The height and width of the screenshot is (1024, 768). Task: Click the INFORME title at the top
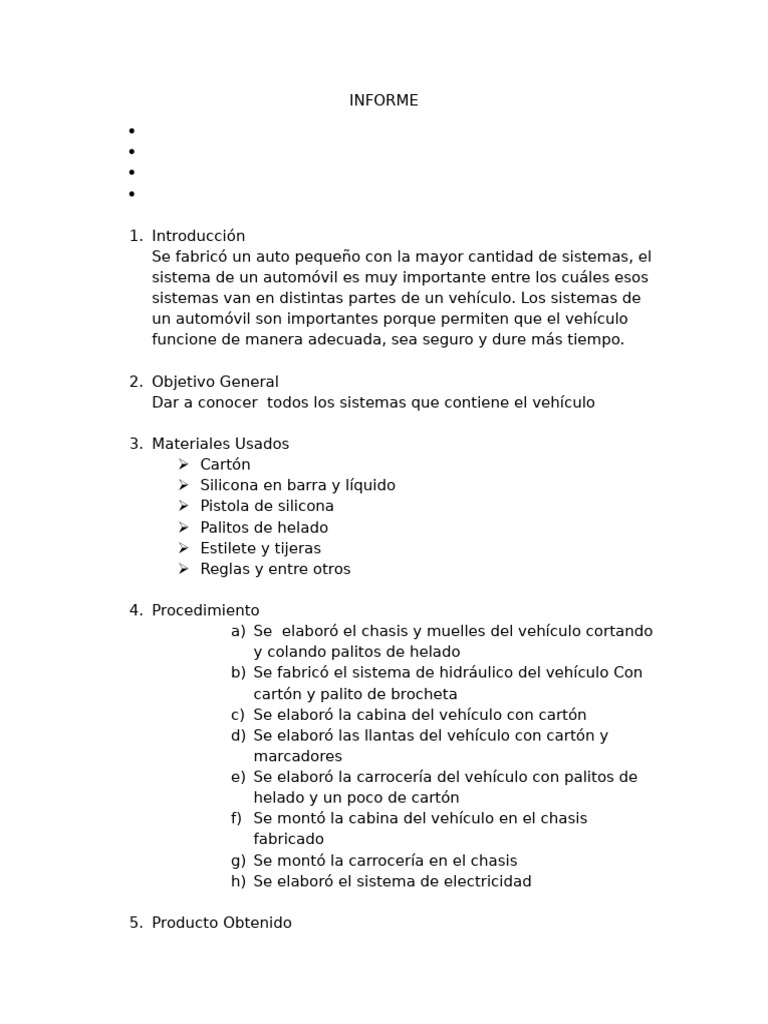383,101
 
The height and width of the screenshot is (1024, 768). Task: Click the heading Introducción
198,236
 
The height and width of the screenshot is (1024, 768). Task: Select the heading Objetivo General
215,382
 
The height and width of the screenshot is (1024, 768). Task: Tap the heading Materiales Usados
220,444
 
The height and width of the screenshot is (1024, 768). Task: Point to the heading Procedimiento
205,610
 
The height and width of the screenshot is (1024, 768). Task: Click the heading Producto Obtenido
222,923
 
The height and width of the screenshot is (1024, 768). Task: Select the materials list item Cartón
225,465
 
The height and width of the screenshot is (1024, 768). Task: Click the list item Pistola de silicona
267,506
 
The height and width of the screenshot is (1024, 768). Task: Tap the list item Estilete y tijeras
260,548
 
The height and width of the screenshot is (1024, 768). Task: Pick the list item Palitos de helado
264,527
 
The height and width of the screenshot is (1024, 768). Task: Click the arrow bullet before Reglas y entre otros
183,569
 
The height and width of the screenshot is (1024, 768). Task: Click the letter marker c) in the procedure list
237,715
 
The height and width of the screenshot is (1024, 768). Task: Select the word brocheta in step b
423,694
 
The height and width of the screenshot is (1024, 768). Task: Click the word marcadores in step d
297,756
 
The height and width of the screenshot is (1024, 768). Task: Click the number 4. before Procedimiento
136,610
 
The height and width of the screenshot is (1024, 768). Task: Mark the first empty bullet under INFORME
131,131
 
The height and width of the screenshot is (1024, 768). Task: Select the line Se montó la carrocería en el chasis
385,860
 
